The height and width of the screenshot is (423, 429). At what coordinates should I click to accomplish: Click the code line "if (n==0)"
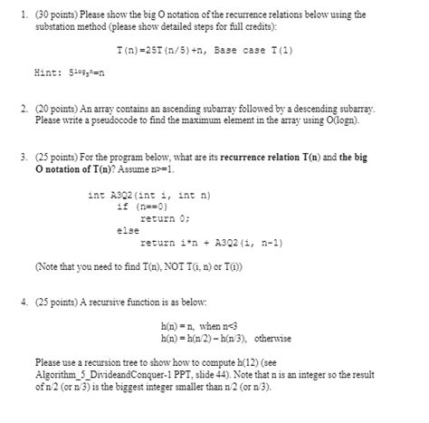138,206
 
